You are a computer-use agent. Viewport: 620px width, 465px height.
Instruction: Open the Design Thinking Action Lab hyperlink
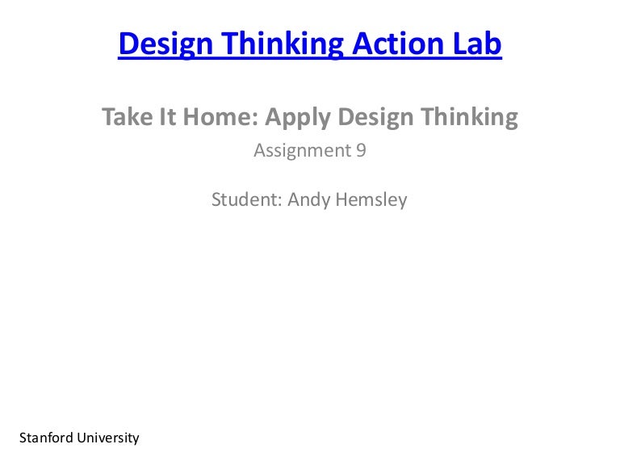pos(310,44)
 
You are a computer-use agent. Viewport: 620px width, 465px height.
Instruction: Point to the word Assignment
pos(300,151)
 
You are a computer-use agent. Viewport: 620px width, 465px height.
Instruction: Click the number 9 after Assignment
pos(361,150)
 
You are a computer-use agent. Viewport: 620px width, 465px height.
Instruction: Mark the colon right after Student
pos(279,200)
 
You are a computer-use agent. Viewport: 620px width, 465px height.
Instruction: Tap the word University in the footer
pos(108,438)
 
